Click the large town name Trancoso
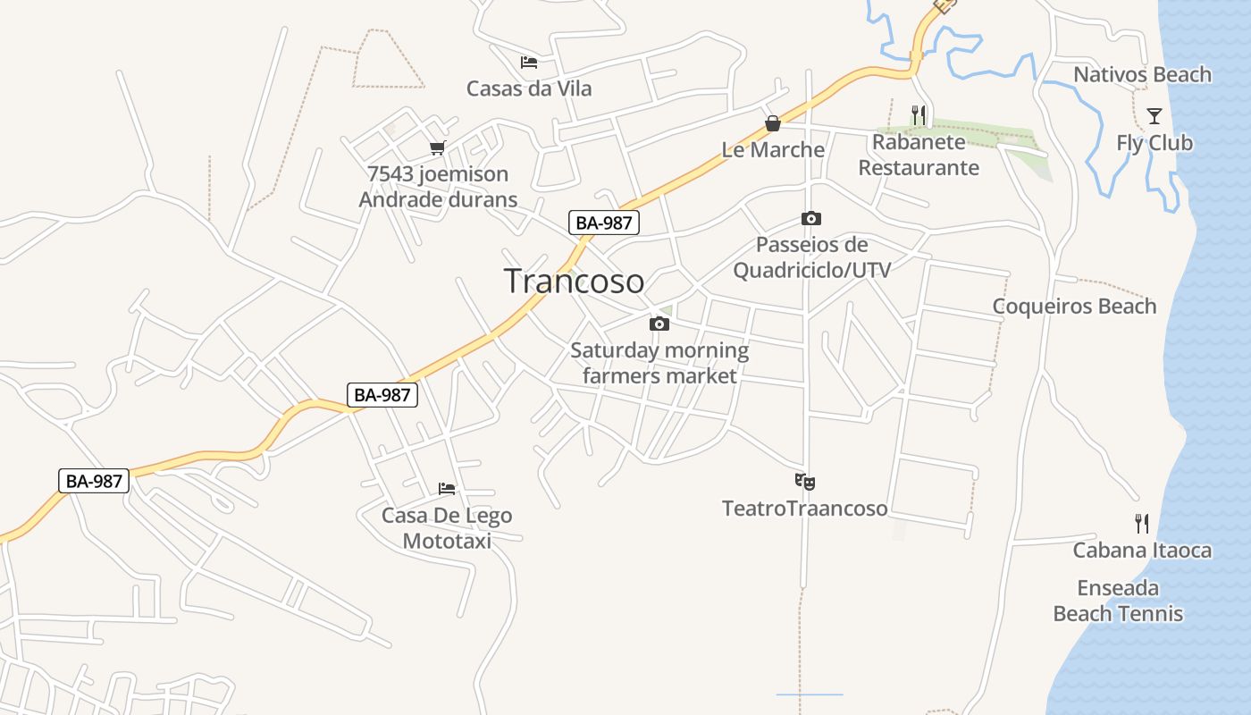(574, 282)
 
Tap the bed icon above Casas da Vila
(529, 63)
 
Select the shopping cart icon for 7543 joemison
(437, 147)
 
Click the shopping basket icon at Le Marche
(773, 123)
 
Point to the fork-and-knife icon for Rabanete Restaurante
(919, 114)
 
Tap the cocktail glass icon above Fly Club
(1154, 116)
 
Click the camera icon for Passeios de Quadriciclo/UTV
(811, 218)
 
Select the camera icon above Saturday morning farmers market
(659, 324)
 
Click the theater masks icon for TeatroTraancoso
(805, 482)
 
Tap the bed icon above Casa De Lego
(447, 489)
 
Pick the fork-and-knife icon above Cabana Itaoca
(1142, 523)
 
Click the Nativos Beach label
(1142, 75)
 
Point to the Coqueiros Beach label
(1074, 307)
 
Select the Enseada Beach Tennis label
(1118, 601)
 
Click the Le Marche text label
(773, 149)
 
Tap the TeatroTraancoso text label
(804, 509)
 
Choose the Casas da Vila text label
(529, 88)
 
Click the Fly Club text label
(1154, 143)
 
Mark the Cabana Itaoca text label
(1142, 550)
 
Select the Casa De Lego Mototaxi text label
(447, 528)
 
